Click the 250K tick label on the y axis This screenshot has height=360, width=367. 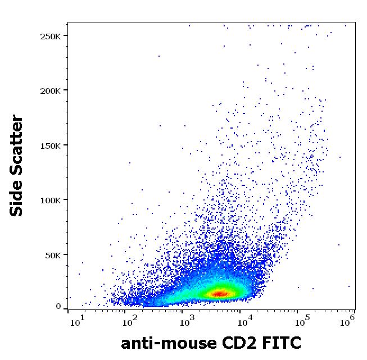coord(51,36)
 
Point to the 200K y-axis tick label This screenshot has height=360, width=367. coord(51,90)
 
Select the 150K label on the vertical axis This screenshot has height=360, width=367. coord(51,145)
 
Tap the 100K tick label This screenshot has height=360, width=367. coord(51,199)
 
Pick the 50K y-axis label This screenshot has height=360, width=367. coord(53,254)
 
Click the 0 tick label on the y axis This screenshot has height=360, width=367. coord(58,306)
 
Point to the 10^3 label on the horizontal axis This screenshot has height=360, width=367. coord(186,322)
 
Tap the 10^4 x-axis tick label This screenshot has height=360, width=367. coord(243,322)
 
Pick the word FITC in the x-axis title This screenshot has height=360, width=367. coord(282,343)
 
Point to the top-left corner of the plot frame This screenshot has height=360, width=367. coord(67,22)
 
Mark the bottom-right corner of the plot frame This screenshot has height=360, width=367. coord(356,309)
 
